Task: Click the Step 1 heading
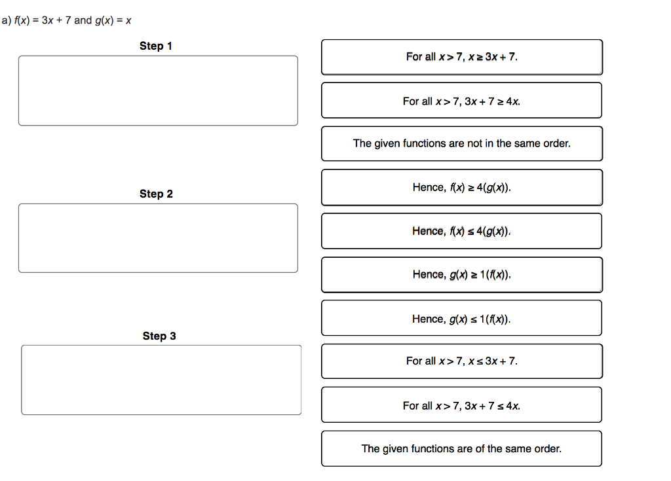tap(156, 46)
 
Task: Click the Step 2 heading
tap(156, 194)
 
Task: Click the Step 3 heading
tap(159, 336)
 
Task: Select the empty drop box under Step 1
tap(158, 90)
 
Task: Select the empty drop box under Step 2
tap(158, 238)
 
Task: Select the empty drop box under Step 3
tap(161, 380)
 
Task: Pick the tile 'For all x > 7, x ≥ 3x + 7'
tap(461, 57)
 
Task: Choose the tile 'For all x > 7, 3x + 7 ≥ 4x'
tap(461, 101)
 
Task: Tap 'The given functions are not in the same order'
tap(461, 143)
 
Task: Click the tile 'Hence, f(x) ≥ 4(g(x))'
tap(461, 187)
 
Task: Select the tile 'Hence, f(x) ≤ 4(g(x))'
tap(461, 231)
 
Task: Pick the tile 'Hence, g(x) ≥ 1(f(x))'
tap(461, 274)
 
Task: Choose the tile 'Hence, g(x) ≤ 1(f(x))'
tap(461, 319)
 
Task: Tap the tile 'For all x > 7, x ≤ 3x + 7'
tap(461, 361)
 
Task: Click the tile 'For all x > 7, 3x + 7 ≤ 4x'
tap(461, 406)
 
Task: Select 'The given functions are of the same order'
tap(461, 448)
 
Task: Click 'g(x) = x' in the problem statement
tap(113, 20)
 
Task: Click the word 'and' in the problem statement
tap(83, 20)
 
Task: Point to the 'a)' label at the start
tap(6, 20)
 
